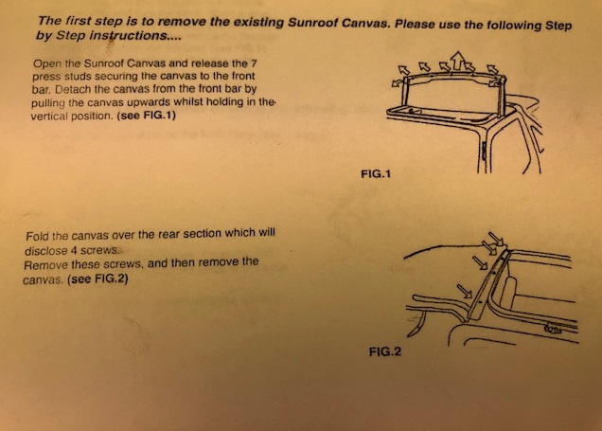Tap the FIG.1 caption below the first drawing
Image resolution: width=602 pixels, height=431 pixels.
click(x=375, y=175)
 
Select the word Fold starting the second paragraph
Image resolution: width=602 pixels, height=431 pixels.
click(x=41, y=234)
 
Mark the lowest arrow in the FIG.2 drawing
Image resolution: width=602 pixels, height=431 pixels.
click(x=462, y=289)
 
